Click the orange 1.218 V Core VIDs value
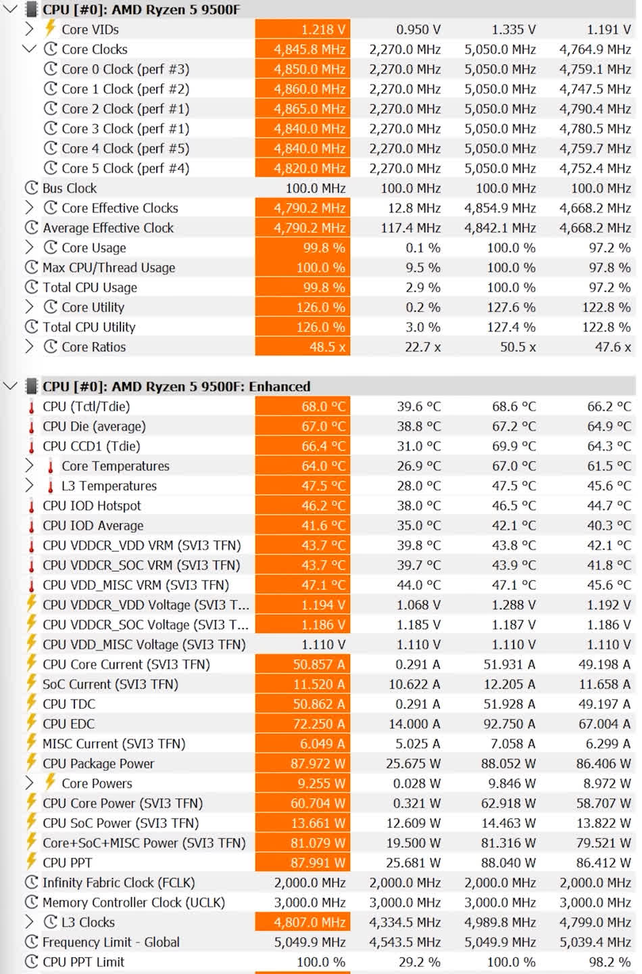(303, 30)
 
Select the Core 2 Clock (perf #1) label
(125, 109)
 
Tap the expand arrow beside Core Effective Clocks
(29, 208)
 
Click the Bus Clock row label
(70, 188)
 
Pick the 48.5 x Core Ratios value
(303, 347)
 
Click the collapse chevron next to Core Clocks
(29, 49)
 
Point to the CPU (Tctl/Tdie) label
(86, 407)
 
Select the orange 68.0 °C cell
(303, 407)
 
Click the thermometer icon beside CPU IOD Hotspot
(31, 506)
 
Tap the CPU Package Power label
(98, 764)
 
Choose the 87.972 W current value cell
(303, 764)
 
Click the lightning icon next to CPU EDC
(31, 724)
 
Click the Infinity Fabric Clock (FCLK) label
(118, 883)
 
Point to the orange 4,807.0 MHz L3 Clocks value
(303, 922)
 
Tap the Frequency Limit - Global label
(111, 942)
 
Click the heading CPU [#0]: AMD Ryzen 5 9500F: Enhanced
(176, 387)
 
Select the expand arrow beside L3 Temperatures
(29, 486)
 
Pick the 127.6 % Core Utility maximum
(511, 307)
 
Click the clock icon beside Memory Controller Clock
(31, 902)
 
